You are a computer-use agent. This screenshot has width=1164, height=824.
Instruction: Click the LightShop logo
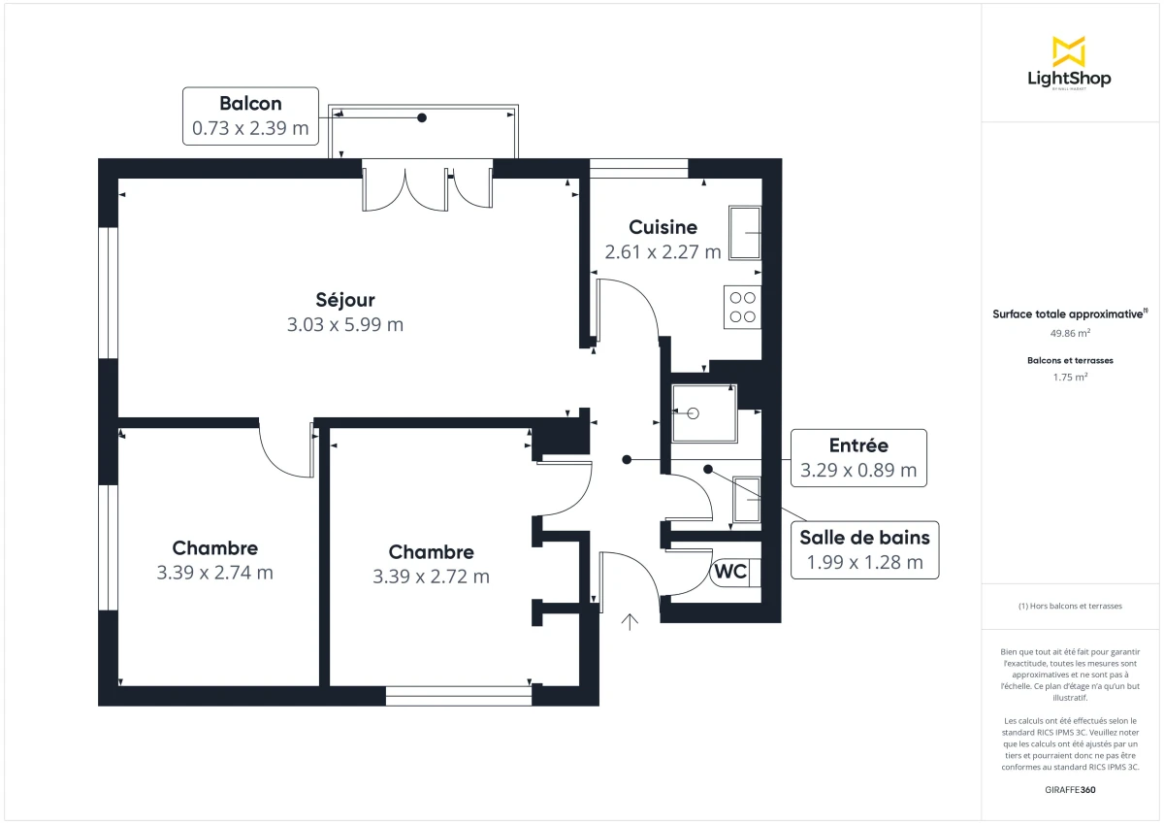tap(1069, 63)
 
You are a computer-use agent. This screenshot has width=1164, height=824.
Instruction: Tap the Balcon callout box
tap(250, 115)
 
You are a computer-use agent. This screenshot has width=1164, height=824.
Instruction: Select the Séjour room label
tap(344, 300)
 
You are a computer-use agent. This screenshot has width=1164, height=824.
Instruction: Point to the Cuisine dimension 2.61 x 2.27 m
tap(663, 252)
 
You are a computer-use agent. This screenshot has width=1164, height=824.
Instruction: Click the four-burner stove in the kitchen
tap(742, 307)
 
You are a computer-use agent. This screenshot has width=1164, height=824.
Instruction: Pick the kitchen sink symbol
tap(745, 233)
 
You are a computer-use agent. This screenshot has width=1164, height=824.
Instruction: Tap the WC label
tap(730, 572)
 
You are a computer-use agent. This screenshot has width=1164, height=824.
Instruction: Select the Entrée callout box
tap(858, 458)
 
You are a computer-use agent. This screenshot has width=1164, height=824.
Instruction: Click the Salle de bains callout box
tap(864, 549)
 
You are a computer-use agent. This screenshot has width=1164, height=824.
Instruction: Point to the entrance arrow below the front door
tap(630, 622)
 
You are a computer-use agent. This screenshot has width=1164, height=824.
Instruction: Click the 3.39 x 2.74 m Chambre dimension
tap(214, 573)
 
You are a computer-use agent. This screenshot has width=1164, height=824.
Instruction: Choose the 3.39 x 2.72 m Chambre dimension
tap(431, 577)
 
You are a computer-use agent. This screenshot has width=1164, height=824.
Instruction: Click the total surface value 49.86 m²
tap(1069, 332)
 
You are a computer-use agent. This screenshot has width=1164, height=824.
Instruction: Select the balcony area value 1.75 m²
tap(1069, 378)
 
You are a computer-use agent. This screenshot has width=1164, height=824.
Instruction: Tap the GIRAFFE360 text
tap(1070, 790)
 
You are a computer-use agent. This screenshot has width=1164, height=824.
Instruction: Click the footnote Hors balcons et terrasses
tap(1070, 606)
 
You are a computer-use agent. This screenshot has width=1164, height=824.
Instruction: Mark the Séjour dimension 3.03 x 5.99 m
tap(344, 325)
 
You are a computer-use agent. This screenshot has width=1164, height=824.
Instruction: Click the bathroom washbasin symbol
tap(747, 499)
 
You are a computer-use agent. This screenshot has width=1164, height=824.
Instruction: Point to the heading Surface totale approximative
tap(1069, 313)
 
